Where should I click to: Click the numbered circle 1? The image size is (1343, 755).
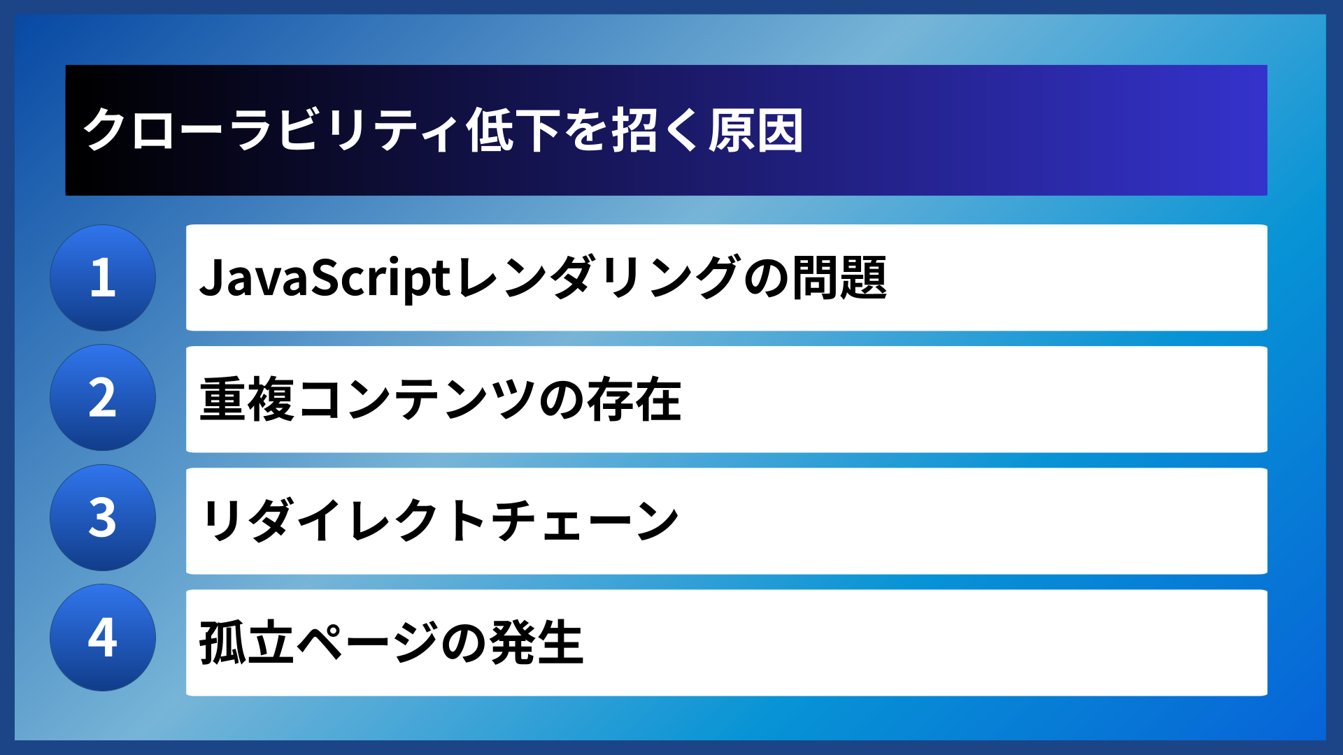103,278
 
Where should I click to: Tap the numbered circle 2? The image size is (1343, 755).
103,398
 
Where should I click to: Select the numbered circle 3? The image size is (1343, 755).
103,518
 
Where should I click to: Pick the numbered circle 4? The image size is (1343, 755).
103,638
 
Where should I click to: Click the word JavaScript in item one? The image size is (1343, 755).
325,278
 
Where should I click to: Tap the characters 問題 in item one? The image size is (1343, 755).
839,278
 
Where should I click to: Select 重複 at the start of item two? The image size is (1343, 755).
247,400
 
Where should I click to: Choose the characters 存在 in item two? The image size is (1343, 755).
634,400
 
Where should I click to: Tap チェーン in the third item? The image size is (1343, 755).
584,521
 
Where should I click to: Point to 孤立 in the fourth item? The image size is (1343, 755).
246,642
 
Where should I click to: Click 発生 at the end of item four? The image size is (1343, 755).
537,642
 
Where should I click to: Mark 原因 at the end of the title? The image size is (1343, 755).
755,130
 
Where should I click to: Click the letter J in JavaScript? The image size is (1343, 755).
212,278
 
